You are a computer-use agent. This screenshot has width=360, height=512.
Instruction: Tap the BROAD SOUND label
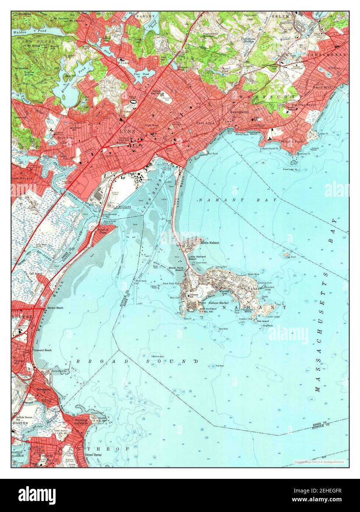point(137,362)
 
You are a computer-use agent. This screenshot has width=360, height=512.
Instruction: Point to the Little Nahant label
point(210,243)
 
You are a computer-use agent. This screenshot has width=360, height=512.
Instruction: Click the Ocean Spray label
point(93,455)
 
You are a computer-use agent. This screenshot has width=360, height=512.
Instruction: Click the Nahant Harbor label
point(219,302)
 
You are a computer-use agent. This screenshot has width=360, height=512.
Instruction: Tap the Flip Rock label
point(220,366)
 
